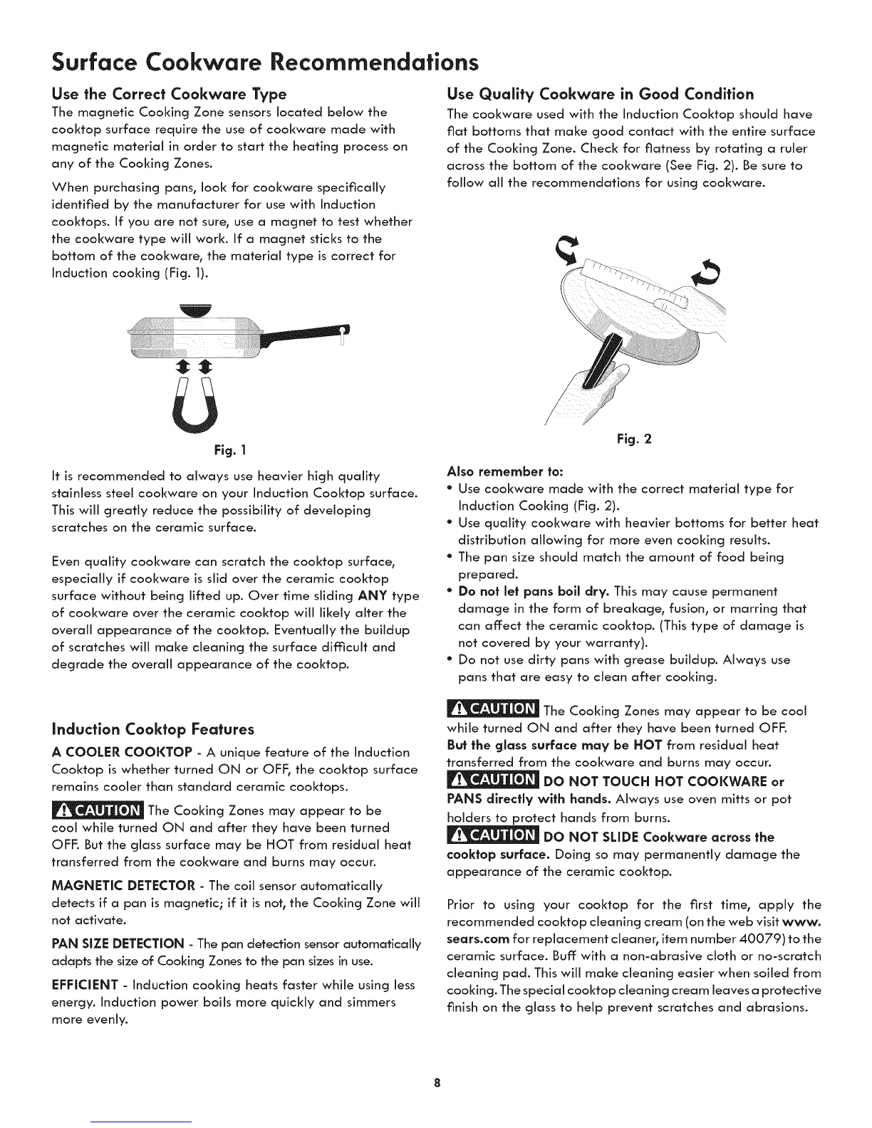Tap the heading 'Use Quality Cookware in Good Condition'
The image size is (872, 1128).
tap(599, 94)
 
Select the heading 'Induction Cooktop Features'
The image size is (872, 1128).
tap(153, 730)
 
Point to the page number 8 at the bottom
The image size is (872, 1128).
tap(436, 1084)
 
